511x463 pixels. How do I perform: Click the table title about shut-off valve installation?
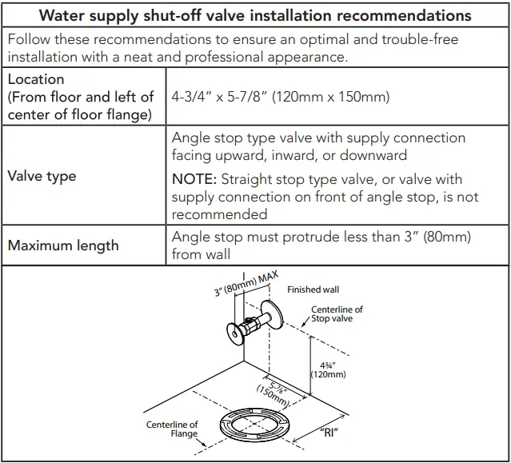[255, 15]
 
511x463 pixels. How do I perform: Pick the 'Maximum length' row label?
[62, 245]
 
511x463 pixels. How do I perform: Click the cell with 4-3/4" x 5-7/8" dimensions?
[280, 97]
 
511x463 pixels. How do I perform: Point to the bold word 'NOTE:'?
[194, 179]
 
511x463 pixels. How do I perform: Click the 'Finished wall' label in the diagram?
[313, 289]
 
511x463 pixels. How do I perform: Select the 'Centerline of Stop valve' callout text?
[337, 314]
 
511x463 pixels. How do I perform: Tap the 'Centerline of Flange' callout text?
[172, 429]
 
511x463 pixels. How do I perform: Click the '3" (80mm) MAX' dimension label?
[245, 283]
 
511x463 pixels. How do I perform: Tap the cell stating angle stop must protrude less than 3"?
[321, 245]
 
